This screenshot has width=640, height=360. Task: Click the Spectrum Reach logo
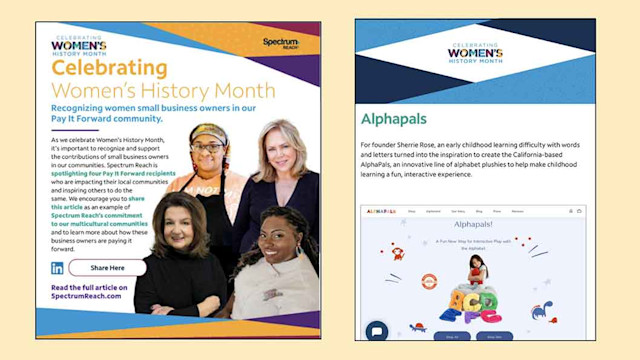[281, 42]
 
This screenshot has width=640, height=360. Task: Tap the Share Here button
[107, 268]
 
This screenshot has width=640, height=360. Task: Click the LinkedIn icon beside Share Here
[57, 268]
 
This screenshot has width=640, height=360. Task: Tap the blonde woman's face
[271, 143]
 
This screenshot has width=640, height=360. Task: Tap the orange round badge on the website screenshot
[430, 282]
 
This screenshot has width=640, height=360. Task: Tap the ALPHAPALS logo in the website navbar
[383, 212]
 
